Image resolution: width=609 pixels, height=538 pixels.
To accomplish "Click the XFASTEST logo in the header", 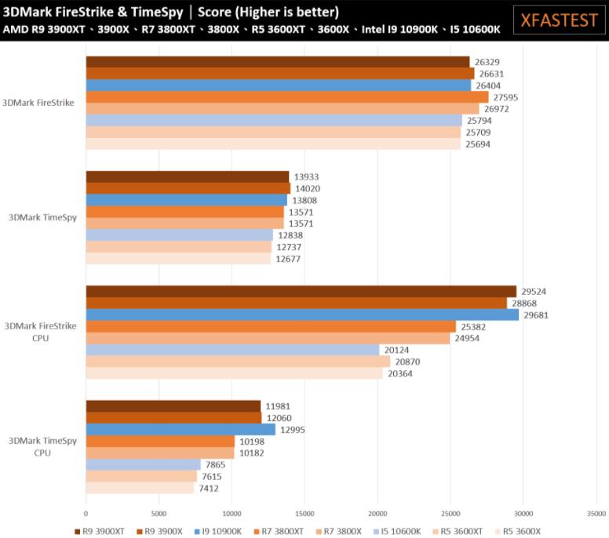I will point(560,20).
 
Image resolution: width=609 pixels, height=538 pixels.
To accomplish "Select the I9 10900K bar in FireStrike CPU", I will point(302,314).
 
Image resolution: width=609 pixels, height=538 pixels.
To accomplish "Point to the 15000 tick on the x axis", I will point(304,514).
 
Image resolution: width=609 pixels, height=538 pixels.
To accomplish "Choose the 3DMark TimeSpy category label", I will point(43,217).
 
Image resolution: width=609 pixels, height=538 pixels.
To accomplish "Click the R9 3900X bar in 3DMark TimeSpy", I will point(188,188).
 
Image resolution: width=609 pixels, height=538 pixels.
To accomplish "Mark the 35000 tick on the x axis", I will point(596,514).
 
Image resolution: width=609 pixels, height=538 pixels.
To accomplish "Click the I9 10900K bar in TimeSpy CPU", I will point(181,429).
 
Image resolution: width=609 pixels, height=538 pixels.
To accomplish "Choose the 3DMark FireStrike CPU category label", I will point(41,332).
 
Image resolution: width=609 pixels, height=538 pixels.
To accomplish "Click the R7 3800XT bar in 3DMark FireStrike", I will point(286,97).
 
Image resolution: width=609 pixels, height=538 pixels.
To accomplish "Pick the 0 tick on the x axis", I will point(86,514).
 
